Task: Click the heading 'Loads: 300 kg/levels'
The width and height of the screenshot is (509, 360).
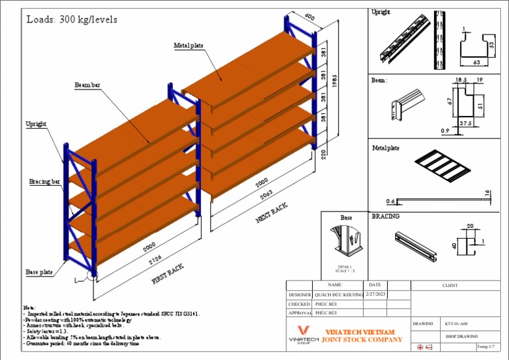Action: click(72, 20)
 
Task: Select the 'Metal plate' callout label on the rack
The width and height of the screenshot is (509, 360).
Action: click(189, 45)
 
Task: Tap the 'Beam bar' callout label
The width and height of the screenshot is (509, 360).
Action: click(87, 86)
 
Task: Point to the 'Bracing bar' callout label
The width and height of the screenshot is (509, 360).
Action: click(44, 181)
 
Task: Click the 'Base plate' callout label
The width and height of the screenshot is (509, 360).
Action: click(39, 272)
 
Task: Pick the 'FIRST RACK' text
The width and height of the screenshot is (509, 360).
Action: click(168, 273)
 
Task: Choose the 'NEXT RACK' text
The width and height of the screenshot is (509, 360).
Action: click(272, 213)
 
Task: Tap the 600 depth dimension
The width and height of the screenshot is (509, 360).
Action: click(309, 17)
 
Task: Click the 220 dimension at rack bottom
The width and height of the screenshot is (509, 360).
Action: click(323, 155)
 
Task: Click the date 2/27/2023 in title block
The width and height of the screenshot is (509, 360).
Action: click(375, 294)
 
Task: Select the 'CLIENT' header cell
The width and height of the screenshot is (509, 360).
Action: click(450, 285)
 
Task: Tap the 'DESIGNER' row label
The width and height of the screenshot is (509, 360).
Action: click(300, 294)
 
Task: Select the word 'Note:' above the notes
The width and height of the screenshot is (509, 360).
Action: click(29, 308)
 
